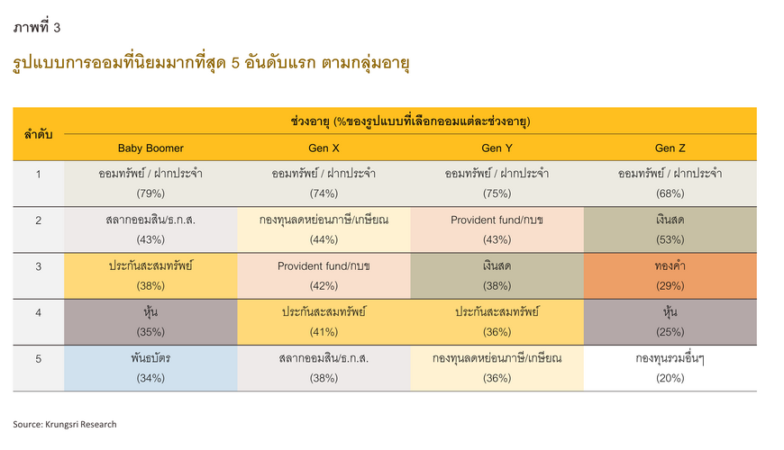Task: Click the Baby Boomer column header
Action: (150, 148)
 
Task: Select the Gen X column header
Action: (324, 148)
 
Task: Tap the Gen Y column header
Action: (497, 148)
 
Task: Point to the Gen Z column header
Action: (670, 148)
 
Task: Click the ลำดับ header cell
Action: (39, 134)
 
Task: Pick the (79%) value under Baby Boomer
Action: (150, 193)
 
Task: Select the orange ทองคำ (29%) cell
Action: (670, 275)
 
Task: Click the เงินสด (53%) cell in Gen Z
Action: (670, 229)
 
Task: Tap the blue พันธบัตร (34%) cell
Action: (150, 368)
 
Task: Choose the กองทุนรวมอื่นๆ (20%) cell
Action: (670, 368)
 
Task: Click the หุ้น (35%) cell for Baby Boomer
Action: (150, 322)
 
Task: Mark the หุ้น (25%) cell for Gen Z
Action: (670, 322)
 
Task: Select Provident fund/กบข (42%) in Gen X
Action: (324, 275)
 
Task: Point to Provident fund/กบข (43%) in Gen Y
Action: (497, 229)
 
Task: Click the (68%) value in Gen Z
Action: (670, 193)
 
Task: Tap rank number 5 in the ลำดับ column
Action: (39, 359)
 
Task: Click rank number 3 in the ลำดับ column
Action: (39, 266)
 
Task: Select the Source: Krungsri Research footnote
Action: (65, 425)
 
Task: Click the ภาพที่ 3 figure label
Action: (37, 27)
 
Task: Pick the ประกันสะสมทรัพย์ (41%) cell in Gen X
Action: (324, 322)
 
